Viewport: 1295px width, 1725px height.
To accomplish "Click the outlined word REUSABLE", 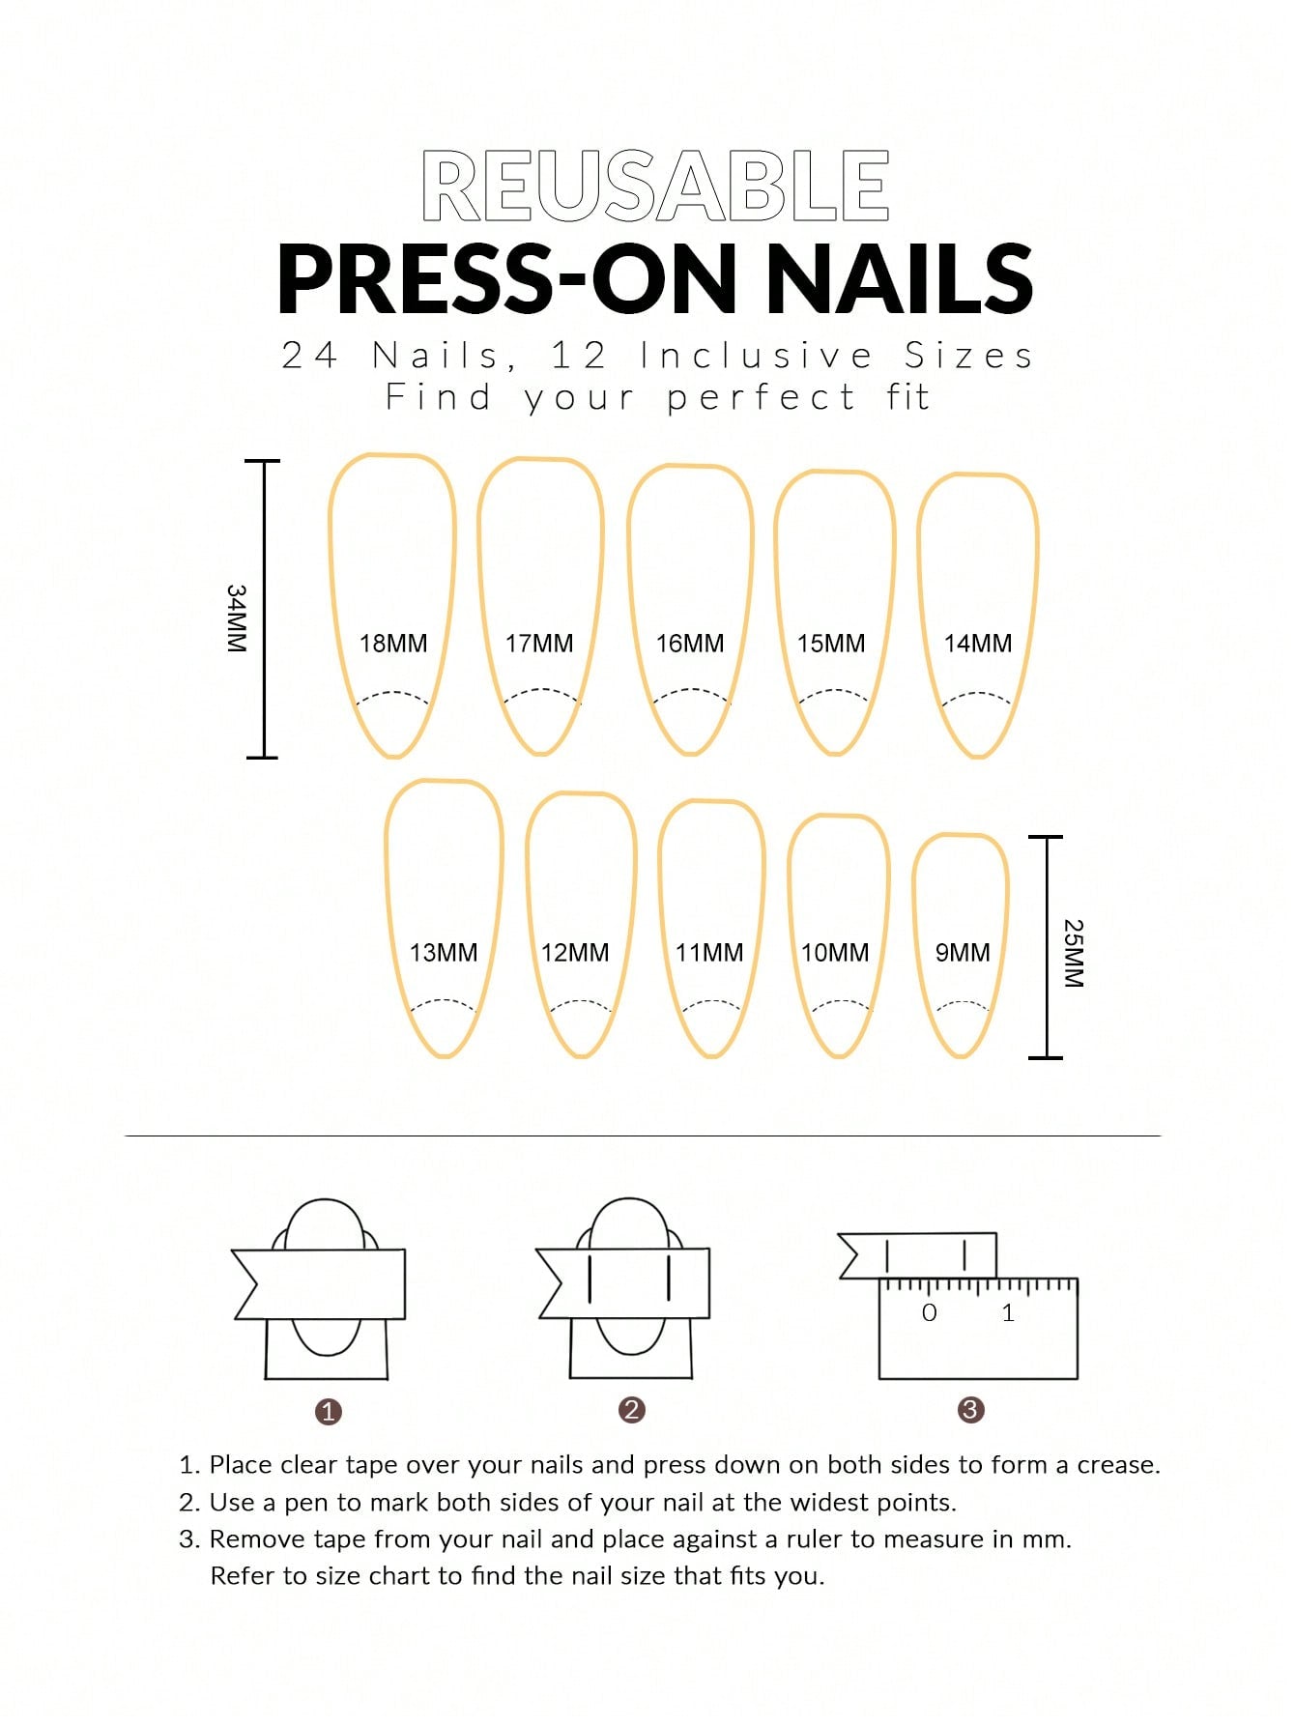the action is coord(655,187).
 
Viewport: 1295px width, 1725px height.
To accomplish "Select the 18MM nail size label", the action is coord(393,644).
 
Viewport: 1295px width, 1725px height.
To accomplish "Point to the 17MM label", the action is coord(539,644).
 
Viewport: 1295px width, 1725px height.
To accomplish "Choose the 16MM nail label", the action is coord(690,644).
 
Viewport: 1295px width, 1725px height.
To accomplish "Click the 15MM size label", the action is coord(831,644).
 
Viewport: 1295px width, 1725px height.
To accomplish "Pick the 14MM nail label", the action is coord(978,644).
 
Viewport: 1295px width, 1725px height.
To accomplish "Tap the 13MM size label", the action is coord(444,953).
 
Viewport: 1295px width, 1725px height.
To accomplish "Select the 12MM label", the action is coord(575,953).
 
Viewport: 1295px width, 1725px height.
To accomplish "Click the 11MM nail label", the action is coord(709,953).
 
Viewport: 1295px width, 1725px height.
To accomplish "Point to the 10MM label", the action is coord(835,953).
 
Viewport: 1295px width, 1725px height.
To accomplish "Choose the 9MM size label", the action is coord(963,953).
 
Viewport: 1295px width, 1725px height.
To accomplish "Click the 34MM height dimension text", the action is coord(237,618).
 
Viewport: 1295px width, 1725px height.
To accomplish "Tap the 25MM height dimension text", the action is coord(1074,953).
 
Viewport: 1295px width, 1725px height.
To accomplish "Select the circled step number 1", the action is coord(329,1412).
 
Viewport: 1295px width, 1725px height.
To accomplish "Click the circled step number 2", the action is coord(632,1410).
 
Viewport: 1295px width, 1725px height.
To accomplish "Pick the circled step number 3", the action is coord(970,1410).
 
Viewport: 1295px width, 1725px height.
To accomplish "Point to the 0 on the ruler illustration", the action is coord(930,1313).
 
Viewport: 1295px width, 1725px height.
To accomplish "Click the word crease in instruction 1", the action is coord(1118,1466).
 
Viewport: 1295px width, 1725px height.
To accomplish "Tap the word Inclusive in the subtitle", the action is coord(757,356).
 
